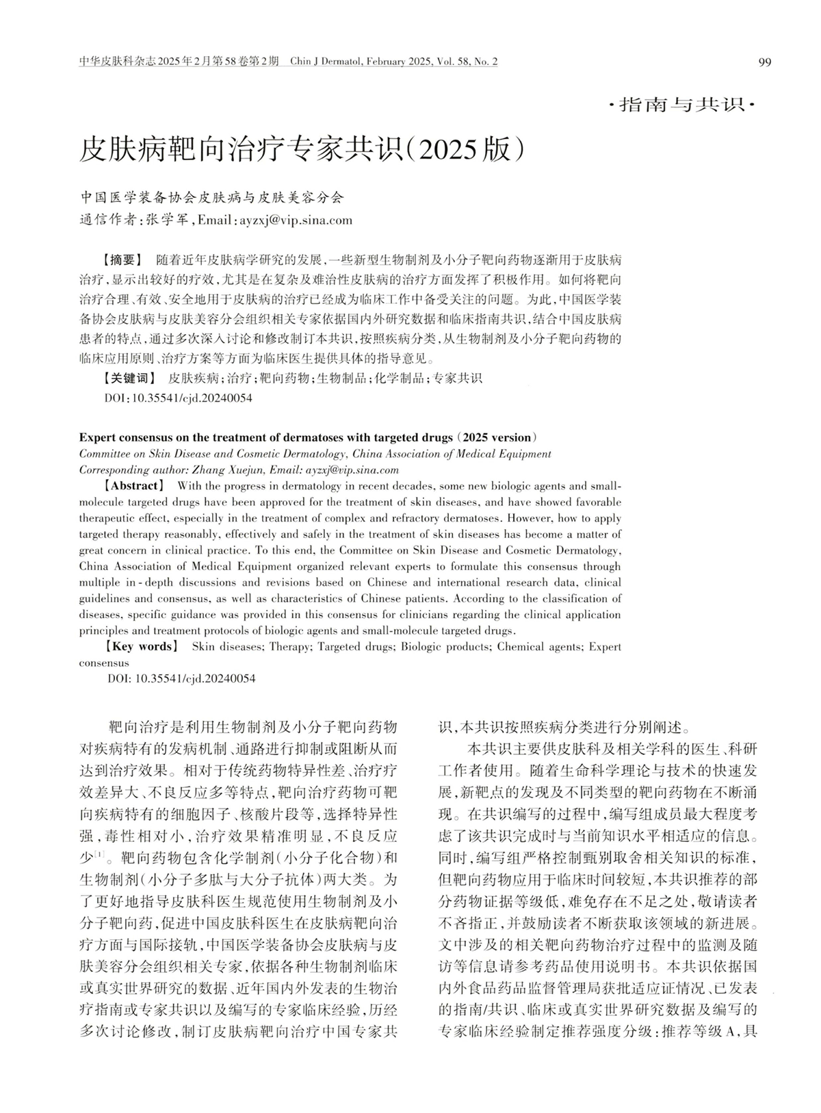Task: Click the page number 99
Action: [765, 62]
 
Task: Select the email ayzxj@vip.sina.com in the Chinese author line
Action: [296, 220]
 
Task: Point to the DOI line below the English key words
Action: [182, 679]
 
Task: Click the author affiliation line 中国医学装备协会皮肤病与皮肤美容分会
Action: [212, 199]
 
